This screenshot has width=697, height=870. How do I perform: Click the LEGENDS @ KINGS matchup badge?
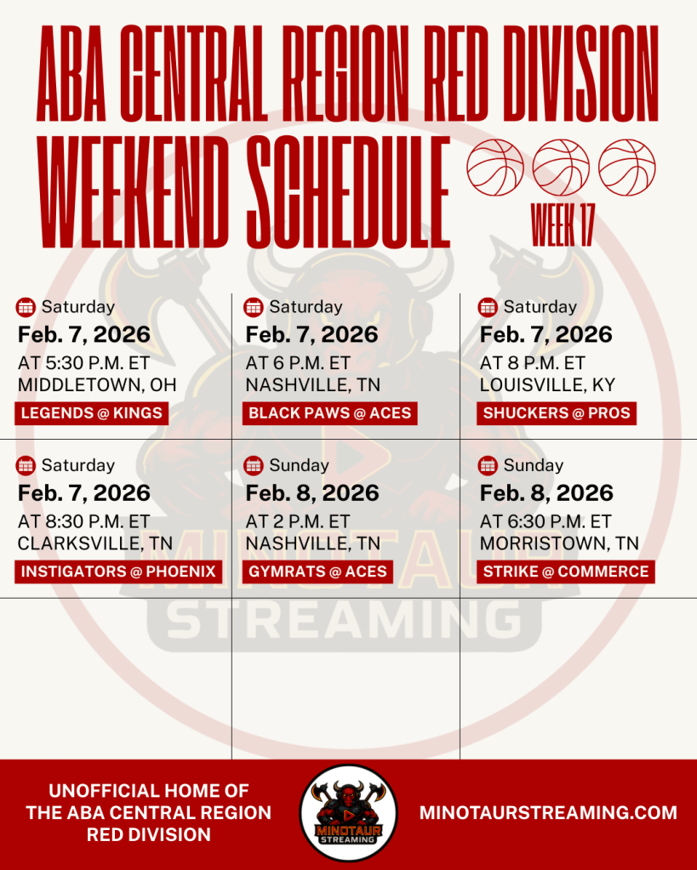(92, 413)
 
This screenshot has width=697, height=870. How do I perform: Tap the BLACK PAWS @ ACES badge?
(330, 413)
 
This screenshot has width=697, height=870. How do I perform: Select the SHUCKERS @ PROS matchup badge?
(557, 413)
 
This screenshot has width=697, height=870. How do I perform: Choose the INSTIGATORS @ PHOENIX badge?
(118, 572)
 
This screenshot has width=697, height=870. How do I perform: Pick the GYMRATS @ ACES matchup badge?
(317, 572)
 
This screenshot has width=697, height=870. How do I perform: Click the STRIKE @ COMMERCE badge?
(566, 572)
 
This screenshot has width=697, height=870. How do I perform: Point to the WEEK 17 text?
(563, 225)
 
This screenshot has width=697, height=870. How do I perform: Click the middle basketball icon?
(561, 168)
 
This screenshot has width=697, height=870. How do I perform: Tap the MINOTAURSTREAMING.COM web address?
(548, 813)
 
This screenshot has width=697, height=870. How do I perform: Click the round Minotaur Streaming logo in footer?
(348, 813)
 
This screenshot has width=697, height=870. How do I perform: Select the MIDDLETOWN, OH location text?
(97, 385)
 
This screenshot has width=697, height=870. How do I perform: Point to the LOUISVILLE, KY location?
(547, 385)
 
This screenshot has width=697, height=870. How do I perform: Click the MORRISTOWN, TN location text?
(559, 543)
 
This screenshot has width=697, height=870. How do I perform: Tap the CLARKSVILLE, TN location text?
(95, 543)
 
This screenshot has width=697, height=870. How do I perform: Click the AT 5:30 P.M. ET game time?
(84, 363)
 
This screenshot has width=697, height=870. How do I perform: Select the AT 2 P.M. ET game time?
(298, 521)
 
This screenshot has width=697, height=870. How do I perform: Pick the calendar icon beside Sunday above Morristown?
(488, 465)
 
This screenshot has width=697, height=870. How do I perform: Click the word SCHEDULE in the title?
(348, 191)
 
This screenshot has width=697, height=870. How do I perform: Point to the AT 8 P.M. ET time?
(533, 363)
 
